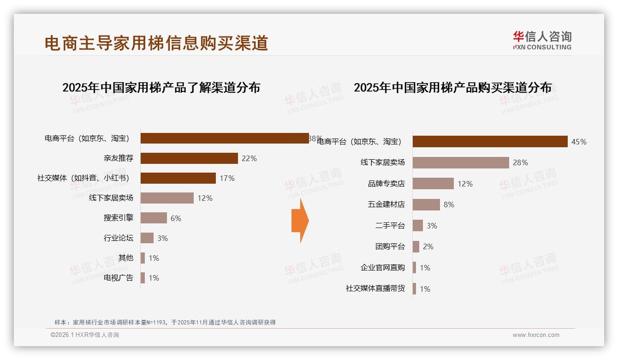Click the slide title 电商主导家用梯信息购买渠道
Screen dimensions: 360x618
[x=156, y=43]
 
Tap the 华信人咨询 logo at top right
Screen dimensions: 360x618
[x=542, y=40]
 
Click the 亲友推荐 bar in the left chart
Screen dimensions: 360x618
[x=189, y=158]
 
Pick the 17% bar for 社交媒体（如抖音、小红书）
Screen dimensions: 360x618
[x=178, y=178]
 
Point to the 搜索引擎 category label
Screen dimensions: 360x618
[x=119, y=218]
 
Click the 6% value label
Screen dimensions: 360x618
[x=176, y=218]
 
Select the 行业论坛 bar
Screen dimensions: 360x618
[x=147, y=238]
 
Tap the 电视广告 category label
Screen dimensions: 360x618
[x=119, y=278]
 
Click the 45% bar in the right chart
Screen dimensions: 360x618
[x=490, y=142]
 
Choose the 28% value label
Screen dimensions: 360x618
[x=520, y=162]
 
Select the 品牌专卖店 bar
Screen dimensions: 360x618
[x=433, y=184]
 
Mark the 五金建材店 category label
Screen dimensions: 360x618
[x=386, y=204]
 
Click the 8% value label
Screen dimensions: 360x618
[x=449, y=204]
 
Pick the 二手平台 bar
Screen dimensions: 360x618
[x=417, y=226]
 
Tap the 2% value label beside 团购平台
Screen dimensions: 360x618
[x=428, y=246]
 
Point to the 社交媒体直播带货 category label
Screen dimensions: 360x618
[x=375, y=288]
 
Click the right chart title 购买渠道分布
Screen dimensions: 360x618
[x=452, y=87]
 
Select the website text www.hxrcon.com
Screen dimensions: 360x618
[x=536, y=335]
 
